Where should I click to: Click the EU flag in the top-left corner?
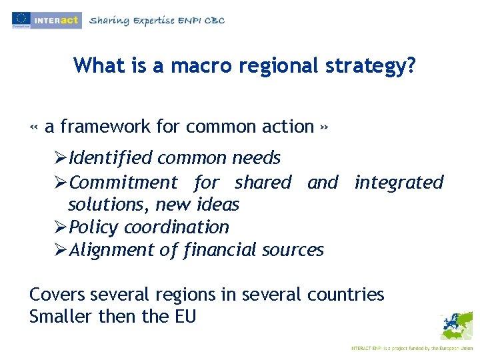(x=21, y=19)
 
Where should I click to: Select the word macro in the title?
(x=200, y=65)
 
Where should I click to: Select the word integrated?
(x=399, y=182)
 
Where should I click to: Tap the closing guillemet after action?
(x=323, y=127)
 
